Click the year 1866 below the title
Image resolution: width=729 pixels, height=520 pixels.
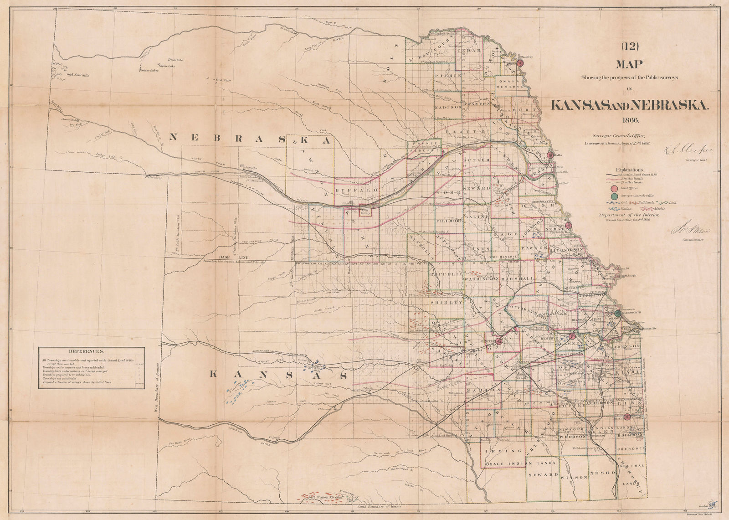(629, 120)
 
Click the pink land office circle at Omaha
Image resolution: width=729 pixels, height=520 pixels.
(550, 155)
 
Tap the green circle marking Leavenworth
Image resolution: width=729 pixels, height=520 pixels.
(617, 313)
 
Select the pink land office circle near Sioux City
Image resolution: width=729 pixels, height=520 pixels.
(520, 63)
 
